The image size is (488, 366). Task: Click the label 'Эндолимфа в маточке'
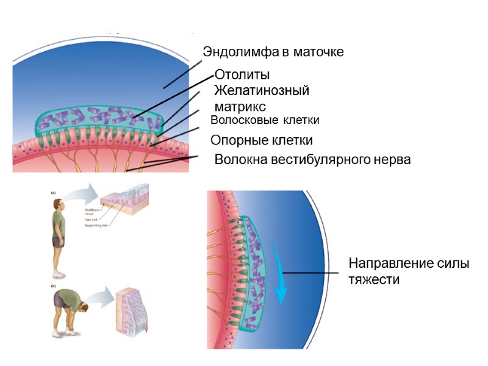pyautogui.click(x=273, y=52)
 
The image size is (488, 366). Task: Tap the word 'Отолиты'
pyautogui.click(x=242, y=75)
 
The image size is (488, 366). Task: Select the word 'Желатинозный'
pyautogui.click(x=262, y=91)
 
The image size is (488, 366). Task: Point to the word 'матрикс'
pyautogui.click(x=240, y=106)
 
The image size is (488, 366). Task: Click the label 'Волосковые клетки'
pyautogui.click(x=265, y=120)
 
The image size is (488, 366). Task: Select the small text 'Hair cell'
pyautogui.click(x=91, y=220)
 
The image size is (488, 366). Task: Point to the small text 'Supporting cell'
pyautogui.click(x=96, y=226)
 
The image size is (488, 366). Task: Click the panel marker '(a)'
pyautogui.click(x=53, y=192)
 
